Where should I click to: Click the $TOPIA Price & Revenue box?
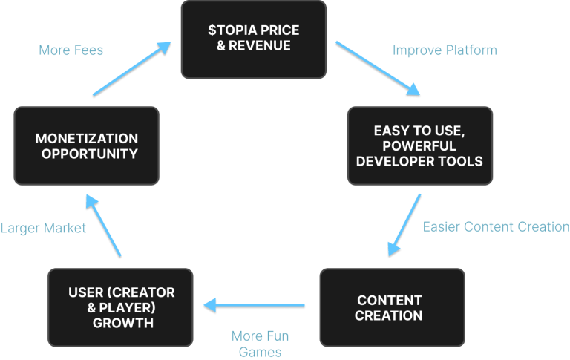254,40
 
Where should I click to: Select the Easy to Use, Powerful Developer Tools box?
419,145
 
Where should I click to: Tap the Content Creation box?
391,307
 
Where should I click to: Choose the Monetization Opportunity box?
86,146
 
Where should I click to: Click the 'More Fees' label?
71,50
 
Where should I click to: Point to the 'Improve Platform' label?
445,50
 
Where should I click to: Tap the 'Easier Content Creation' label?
496,227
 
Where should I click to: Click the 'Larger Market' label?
43,228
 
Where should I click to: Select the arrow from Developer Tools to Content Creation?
404,225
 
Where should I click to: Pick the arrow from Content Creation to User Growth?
255,304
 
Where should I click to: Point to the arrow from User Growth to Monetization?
102,226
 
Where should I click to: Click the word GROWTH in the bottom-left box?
122,323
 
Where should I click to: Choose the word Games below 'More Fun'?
260,351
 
